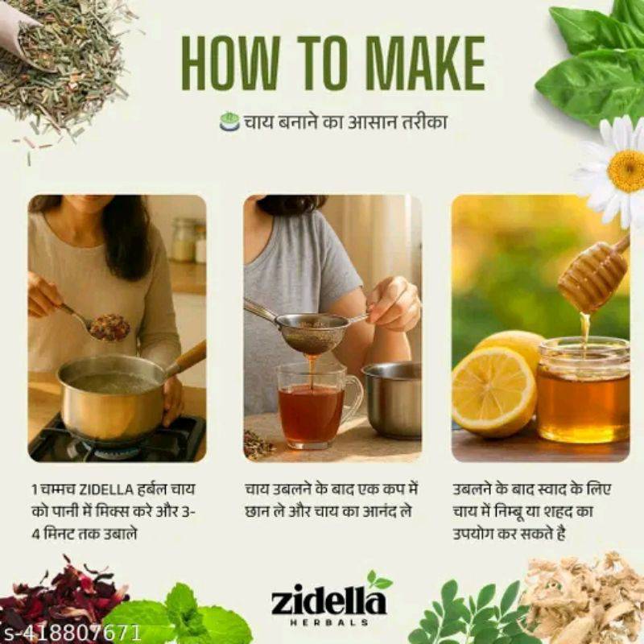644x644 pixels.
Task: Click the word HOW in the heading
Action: coord(230,63)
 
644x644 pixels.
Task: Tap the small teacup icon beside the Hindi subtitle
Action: coord(229,122)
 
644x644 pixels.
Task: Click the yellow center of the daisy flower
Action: coord(626,171)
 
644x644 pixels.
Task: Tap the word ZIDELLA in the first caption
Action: coord(106,490)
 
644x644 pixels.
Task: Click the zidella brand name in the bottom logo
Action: coord(328,602)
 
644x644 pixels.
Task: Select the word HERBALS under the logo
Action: coord(329,622)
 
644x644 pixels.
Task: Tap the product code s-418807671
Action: coord(71,633)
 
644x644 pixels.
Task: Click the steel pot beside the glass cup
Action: coord(392,398)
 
